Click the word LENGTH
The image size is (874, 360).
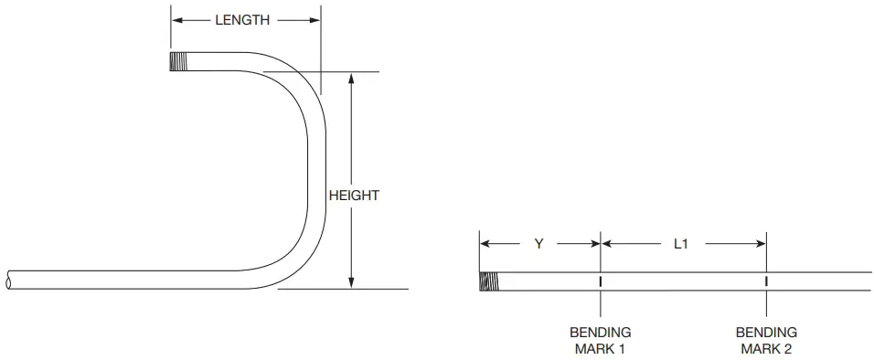click(x=242, y=19)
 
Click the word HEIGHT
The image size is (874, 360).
click(x=354, y=195)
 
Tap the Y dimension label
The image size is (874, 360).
click(x=538, y=244)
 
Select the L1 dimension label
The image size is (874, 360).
click(x=680, y=244)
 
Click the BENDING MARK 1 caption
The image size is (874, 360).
click(x=601, y=340)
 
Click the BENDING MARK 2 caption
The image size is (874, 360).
click(x=766, y=340)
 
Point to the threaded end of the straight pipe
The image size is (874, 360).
click(x=489, y=281)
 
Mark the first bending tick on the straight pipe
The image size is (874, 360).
click(x=601, y=281)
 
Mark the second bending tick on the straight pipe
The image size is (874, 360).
click(x=766, y=281)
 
